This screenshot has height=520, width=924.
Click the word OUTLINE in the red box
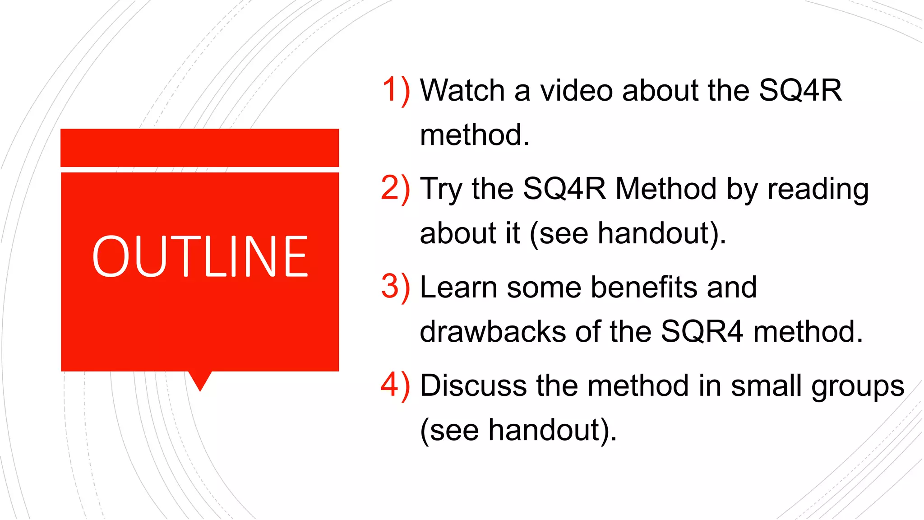pyautogui.click(x=200, y=256)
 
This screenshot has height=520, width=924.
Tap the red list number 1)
pyautogui.click(x=396, y=90)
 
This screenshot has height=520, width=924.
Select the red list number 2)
pyautogui.click(x=395, y=189)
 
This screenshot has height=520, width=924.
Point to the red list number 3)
pyautogui.click(x=395, y=287)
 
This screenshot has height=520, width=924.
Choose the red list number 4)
pyautogui.click(x=395, y=385)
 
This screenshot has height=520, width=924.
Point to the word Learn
pyautogui.click(x=458, y=288)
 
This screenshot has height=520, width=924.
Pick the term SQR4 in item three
pyautogui.click(x=702, y=332)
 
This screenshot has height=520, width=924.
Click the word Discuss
pyautogui.click(x=473, y=386)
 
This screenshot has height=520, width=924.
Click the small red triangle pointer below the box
pyautogui.click(x=200, y=380)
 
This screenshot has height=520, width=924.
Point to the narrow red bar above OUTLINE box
pyautogui.click(x=200, y=148)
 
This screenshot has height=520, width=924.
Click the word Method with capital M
pyautogui.click(x=666, y=189)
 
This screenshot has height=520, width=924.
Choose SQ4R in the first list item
pyautogui.click(x=800, y=90)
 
